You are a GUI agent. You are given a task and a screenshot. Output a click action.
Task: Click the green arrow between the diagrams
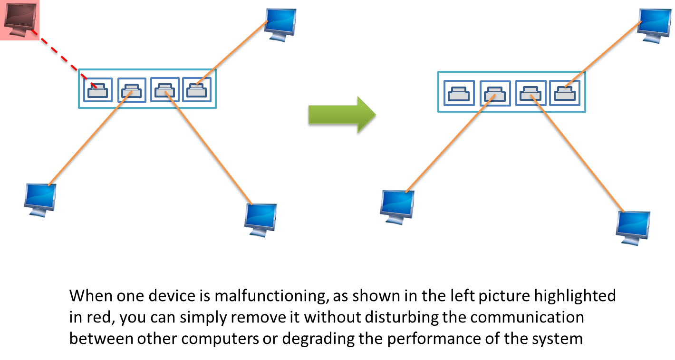[341, 115]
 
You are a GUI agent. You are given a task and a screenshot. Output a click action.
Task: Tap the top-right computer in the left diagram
[280, 25]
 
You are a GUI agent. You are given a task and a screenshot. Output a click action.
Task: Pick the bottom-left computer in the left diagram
[39, 200]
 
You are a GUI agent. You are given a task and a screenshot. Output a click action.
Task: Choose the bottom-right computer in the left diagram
[260, 220]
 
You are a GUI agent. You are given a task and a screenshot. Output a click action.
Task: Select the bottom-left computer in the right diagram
[396, 207]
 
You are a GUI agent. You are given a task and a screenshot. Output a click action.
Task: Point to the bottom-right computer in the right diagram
[632, 228]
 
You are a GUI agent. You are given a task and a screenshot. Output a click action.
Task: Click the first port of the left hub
[98, 90]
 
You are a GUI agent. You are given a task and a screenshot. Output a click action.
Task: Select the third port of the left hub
[164, 90]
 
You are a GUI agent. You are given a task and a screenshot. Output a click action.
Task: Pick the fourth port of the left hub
[197, 90]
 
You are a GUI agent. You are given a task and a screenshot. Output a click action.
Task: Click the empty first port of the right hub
[459, 93]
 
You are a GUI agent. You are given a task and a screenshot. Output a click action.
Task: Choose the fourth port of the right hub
[565, 93]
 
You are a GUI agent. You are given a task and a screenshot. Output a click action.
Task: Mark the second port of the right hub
[495, 93]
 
